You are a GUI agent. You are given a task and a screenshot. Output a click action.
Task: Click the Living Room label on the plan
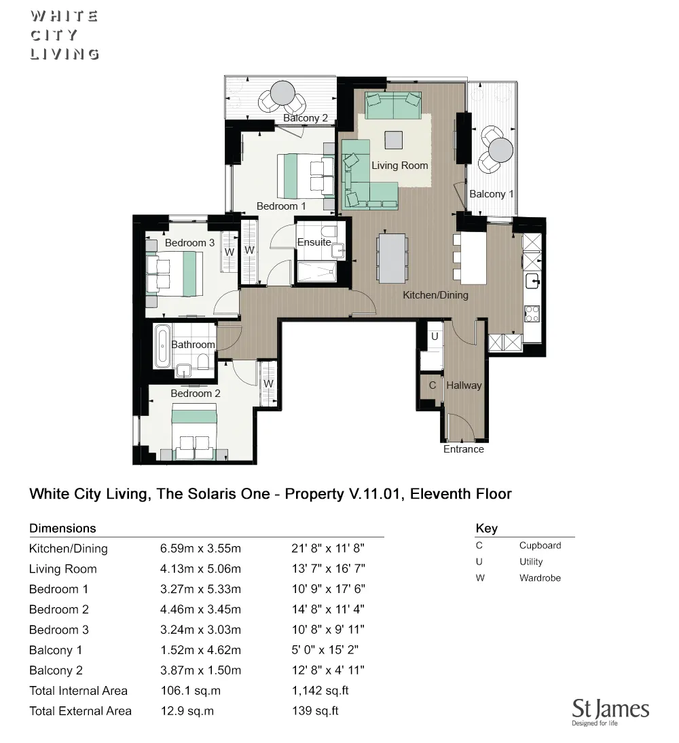point(399,165)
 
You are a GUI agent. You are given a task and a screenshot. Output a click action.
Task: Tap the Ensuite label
point(314,242)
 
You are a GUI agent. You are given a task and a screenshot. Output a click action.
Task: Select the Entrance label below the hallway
point(464,449)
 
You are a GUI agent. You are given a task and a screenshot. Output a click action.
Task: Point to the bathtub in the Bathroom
point(162,345)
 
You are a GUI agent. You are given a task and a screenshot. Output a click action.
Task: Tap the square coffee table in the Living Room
point(393,140)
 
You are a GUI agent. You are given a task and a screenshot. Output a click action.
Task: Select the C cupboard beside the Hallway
point(432,385)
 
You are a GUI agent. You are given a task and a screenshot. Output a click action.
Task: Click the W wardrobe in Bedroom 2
point(269,383)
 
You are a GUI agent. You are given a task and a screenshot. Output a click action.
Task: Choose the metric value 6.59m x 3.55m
point(200,548)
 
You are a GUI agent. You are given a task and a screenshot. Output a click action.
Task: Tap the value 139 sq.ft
point(314,711)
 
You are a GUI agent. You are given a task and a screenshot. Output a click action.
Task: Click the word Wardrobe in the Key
point(540,578)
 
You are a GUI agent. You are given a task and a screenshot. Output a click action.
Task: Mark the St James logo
point(610,712)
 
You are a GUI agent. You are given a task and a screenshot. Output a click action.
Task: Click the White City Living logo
point(65,35)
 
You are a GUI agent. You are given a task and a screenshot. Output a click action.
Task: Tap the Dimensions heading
point(62,528)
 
